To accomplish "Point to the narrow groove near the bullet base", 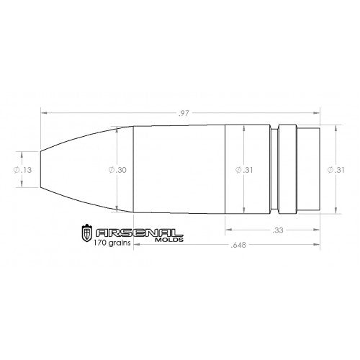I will point(274,170).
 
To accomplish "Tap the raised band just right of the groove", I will point(287,170).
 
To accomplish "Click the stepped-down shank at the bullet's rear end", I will point(308,170).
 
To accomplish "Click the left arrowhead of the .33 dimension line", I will point(228,230).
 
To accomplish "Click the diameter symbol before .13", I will point(17,170).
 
